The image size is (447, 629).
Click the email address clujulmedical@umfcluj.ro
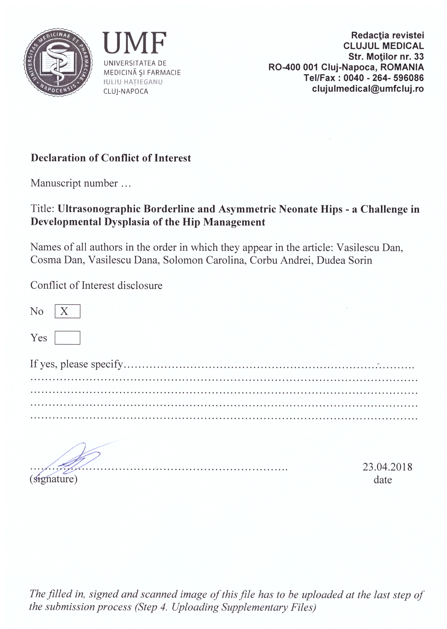(x=368, y=89)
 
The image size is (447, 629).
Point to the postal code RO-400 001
(x=293, y=67)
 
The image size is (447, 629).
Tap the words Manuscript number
(x=74, y=183)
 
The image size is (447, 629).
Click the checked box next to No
(x=68, y=311)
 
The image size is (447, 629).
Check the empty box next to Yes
(x=68, y=338)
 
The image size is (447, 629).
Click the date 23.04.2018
(x=387, y=467)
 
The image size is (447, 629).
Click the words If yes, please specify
(x=76, y=364)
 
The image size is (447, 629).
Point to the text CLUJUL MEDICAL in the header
(x=383, y=46)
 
